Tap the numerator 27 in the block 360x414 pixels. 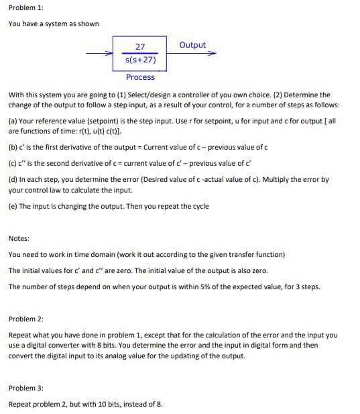click(x=140, y=47)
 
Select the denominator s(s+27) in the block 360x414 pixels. click(x=140, y=60)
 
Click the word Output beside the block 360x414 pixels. click(x=192, y=45)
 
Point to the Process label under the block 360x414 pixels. click(x=140, y=77)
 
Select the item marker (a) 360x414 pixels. click(x=13, y=122)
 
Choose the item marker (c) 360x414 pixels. click(x=13, y=164)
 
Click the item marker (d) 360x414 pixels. click(x=13, y=180)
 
